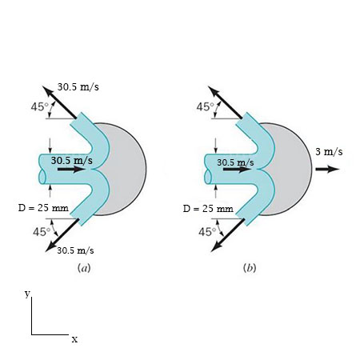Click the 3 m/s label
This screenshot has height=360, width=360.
329,152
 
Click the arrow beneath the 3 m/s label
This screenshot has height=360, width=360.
328,169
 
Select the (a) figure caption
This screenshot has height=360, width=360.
84,268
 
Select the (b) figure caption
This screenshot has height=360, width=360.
250,268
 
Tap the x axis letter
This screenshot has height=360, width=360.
74,339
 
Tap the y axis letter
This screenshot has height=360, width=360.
27,294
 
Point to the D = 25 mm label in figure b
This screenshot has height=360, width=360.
207,208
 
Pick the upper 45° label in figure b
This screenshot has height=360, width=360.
205,106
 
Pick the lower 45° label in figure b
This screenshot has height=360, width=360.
205,232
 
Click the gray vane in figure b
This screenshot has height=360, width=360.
291,169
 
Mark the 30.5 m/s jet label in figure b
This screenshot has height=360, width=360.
235,162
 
